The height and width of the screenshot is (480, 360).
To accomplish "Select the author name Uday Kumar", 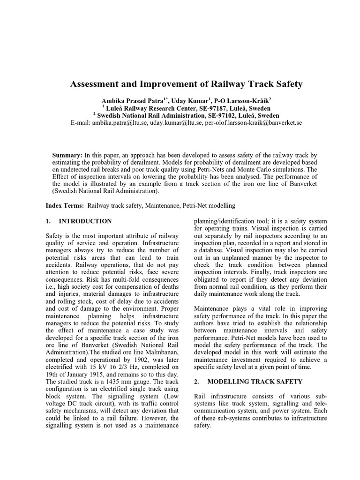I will coord(189,101).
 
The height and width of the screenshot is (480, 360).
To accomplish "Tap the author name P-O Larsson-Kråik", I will coord(240,101).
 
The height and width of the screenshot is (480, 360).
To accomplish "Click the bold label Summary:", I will coord(67,155).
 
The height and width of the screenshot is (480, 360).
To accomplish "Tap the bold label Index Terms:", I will coord(65,206).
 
